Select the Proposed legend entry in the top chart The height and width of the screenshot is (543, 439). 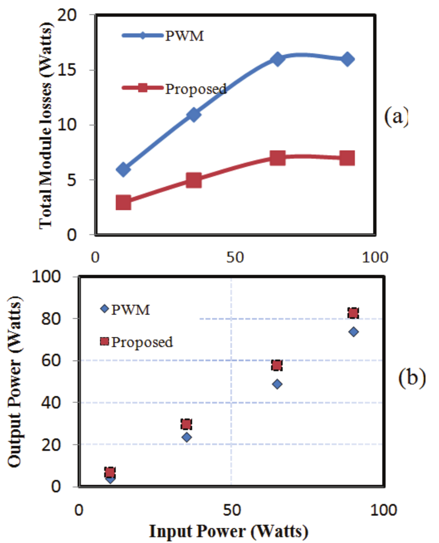coord(174,88)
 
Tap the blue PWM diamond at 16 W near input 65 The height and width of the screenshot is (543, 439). coord(277,59)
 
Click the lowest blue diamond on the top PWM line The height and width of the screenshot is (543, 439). coord(124,170)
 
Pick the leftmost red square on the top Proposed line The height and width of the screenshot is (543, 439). coord(124,202)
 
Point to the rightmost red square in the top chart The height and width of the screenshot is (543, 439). coord(347,158)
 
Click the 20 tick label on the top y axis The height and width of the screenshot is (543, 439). coord(78,15)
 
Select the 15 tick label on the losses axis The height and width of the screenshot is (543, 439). coord(78,70)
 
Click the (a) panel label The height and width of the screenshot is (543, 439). coord(396,116)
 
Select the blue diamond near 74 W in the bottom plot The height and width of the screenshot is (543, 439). coord(353,332)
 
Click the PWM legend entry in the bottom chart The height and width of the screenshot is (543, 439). coord(126,309)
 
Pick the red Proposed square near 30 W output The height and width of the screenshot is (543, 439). coord(187,424)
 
